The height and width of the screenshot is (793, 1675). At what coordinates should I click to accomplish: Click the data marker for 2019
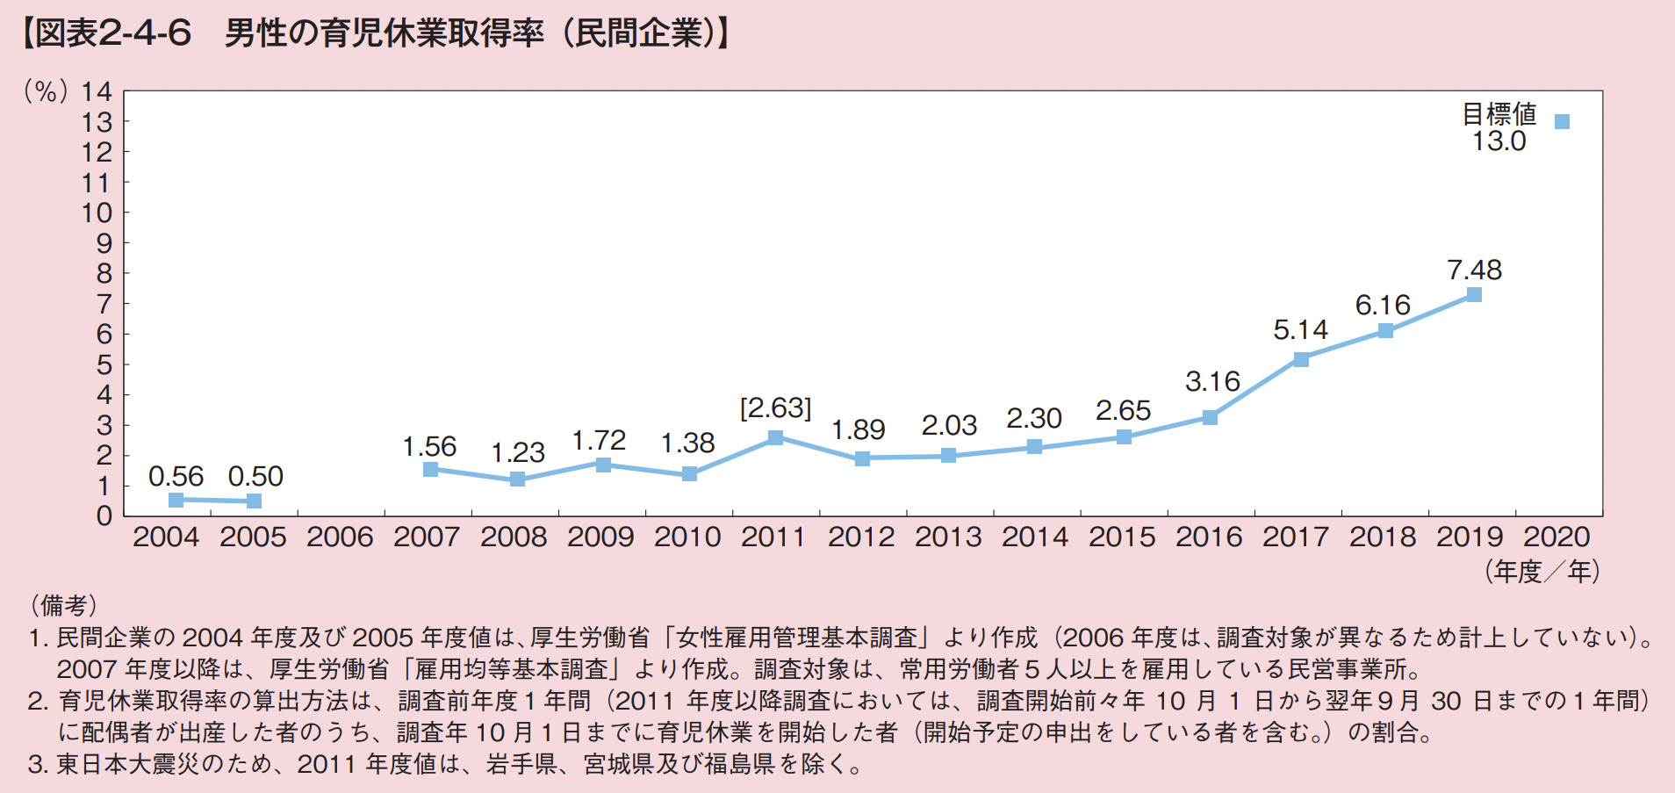[1474, 295]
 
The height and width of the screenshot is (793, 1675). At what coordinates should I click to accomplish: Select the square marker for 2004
[176, 500]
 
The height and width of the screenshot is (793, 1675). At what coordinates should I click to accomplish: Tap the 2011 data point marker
[775, 437]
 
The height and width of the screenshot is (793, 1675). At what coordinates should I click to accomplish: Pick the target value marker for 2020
[1562, 122]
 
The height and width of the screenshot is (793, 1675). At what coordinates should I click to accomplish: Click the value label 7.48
[1474, 270]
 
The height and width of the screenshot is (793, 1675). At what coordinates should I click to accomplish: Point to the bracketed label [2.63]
[775, 407]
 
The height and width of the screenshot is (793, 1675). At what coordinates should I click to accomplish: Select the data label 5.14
[1300, 330]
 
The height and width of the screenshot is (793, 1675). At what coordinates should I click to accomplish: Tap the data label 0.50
[255, 476]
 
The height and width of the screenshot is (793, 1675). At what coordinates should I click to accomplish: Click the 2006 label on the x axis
[340, 537]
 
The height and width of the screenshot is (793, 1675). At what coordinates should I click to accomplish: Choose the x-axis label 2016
[1209, 537]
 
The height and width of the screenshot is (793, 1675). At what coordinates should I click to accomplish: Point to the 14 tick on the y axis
[97, 91]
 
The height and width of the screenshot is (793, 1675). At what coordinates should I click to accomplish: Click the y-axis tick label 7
[104, 304]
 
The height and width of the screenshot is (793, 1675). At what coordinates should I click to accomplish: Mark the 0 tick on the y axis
[104, 515]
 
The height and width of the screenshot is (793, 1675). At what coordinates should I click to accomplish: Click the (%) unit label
[47, 91]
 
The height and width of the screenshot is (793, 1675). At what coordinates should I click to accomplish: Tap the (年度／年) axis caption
[1542, 572]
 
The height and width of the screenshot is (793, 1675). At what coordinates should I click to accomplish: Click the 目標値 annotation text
[1499, 113]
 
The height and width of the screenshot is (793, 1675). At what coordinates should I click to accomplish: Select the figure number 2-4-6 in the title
[145, 33]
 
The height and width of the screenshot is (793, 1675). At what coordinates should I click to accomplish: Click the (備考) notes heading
[63, 604]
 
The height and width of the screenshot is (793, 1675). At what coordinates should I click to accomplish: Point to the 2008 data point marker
[517, 479]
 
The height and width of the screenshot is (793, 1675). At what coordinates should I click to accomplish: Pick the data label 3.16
[1212, 381]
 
